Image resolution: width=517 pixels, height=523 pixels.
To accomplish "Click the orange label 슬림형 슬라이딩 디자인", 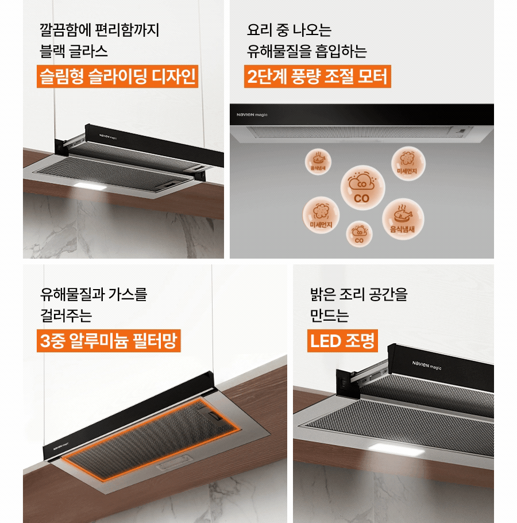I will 117,76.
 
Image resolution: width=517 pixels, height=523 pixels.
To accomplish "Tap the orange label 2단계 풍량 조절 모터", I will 318,76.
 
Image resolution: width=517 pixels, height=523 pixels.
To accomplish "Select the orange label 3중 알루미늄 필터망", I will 107,341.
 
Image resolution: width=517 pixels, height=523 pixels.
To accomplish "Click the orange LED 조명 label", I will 342,341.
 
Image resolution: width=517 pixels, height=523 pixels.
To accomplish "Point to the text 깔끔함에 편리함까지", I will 99,29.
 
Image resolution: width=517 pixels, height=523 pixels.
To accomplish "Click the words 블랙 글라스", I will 74,52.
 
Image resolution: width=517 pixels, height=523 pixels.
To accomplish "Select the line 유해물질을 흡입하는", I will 307,52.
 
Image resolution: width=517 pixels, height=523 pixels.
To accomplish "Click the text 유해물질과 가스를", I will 94,295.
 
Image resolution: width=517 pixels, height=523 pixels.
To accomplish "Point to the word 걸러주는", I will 65,316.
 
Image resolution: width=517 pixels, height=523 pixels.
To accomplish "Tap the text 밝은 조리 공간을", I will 358,295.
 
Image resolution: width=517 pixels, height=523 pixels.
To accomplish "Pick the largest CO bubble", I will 361,187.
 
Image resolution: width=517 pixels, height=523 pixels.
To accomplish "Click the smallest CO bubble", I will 359,234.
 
